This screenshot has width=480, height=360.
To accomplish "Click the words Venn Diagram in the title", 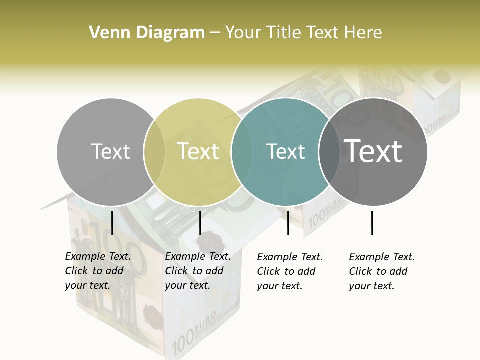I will (147, 33).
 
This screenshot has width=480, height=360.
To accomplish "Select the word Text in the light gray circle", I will (111, 151).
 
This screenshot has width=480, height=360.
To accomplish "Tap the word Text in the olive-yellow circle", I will (198, 151).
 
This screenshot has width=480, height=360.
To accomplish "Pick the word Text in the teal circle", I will (285, 151).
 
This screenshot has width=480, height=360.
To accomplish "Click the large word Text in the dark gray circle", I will (373, 151).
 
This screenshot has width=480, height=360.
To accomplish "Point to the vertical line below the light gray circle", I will (112, 223).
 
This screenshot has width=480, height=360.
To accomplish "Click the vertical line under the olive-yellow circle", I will (200, 223).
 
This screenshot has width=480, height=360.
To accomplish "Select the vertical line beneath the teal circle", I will (288, 223).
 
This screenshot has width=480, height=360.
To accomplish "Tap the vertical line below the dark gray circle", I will (372, 223).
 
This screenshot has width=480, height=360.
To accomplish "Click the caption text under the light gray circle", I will (98, 271).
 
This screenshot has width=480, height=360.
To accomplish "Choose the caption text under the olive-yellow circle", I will (198, 271).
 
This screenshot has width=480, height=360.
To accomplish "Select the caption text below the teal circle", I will (290, 271).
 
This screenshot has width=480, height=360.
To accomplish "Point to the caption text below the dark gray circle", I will (382, 271).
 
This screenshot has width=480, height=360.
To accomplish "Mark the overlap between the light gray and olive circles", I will (154, 151).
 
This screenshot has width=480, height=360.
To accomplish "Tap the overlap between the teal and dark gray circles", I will (329, 151).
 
